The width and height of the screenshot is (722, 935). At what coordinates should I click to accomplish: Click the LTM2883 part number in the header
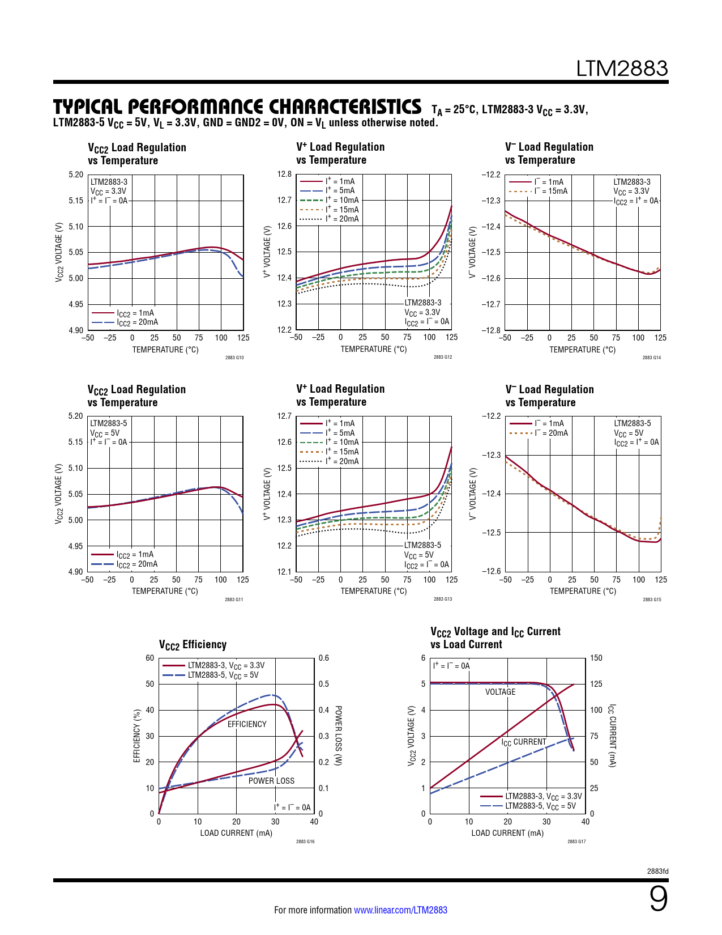[x=622, y=69]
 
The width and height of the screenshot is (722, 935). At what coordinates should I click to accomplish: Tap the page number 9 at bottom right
[x=658, y=899]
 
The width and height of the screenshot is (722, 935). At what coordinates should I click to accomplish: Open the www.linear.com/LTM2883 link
[x=400, y=910]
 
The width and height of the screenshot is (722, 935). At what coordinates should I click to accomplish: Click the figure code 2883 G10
[x=234, y=358]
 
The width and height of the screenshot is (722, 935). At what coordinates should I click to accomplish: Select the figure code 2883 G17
[x=576, y=841]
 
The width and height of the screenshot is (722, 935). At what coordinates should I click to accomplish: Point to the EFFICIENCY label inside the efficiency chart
[x=247, y=724]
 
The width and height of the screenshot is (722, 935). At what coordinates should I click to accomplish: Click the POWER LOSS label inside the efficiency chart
[x=271, y=781]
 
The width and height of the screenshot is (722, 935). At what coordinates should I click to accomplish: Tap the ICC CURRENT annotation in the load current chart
[x=524, y=742]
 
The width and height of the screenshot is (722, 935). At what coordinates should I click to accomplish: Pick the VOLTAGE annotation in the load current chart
[x=500, y=692]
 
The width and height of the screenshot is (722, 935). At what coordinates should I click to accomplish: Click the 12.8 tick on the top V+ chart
[x=284, y=174]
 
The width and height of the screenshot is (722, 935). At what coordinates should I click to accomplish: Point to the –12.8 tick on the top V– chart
[x=491, y=330]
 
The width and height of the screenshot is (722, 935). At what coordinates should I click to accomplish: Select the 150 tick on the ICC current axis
[x=596, y=658]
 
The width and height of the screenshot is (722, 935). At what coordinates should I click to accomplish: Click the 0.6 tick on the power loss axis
[x=323, y=658]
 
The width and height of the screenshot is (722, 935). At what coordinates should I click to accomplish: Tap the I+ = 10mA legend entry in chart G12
[x=342, y=200]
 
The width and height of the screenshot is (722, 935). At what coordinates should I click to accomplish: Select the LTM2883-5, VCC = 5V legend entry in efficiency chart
[x=223, y=675]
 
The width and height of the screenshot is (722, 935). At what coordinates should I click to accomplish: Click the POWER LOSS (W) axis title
[x=338, y=736]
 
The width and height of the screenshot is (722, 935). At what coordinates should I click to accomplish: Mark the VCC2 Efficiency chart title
[x=193, y=645]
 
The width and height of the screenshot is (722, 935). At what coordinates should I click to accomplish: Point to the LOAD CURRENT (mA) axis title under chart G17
[x=507, y=833]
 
